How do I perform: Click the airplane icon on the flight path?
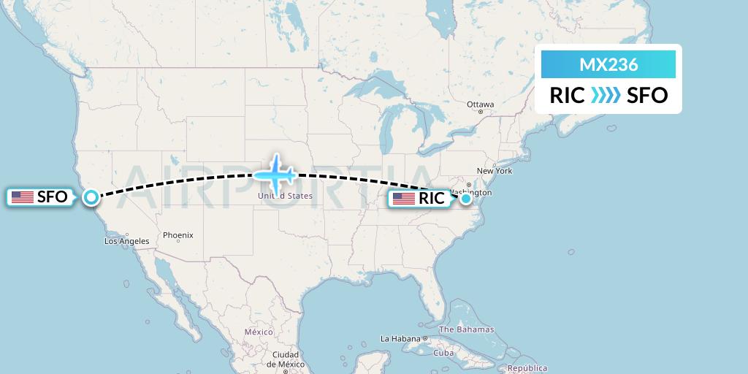[x=274, y=175]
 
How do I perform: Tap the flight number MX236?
[x=608, y=64]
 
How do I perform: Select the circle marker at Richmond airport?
[x=466, y=198]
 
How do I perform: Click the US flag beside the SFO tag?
[x=22, y=196]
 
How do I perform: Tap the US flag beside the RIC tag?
[x=404, y=198]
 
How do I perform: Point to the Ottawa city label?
[x=481, y=104]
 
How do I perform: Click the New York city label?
[x=495, y=171]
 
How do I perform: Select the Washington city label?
[x=473, y=193]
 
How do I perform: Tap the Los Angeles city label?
[x=127, y=241]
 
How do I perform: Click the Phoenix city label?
[x=178, y=235]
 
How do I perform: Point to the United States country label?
[x=284, y=196]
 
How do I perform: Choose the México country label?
[x=259, y=332]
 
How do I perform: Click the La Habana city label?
[x=401, y=339]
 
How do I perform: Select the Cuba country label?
[x=444, y=353]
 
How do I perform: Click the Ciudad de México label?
[x=284, y=359]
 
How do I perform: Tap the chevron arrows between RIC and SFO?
[x=605, y=95]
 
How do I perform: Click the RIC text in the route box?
[x=568, y=95]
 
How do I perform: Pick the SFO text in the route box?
[x=647, y=95]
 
